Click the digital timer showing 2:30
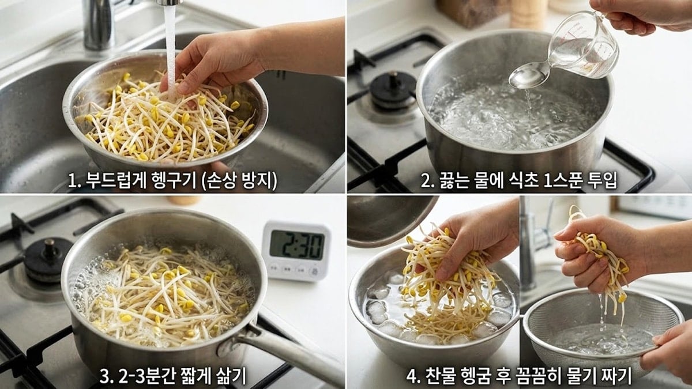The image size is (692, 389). pos(296,249)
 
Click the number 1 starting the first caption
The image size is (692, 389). pos(72,181)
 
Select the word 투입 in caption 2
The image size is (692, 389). pos(600,181)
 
